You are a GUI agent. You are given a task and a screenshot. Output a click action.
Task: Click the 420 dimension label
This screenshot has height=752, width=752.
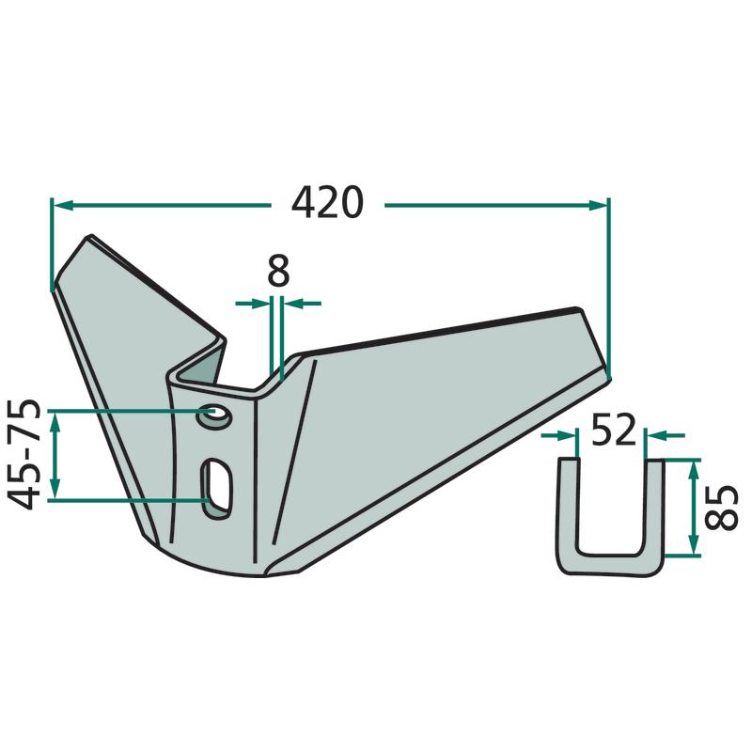tap(327, 202)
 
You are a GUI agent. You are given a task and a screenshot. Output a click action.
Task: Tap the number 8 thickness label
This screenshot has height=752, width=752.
tap(278, 271)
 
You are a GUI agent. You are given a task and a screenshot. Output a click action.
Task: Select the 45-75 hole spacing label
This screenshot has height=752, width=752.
tap(23, 453)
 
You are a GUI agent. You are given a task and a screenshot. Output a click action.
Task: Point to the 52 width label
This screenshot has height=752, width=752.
tap(613, 430)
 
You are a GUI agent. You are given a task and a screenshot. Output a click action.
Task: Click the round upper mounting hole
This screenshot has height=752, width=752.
tap(214, 415)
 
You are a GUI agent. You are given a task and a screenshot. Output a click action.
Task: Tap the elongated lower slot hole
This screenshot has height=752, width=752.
tap(217, 488)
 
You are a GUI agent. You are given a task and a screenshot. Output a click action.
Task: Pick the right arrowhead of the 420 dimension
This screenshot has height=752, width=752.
tap(597, 206)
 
